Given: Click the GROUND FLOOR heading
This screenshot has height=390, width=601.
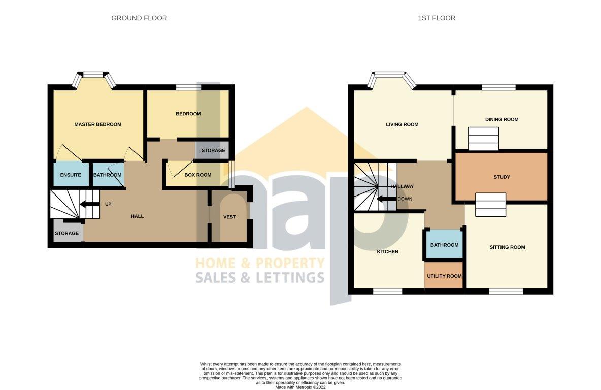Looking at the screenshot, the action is click(x=139, y=18).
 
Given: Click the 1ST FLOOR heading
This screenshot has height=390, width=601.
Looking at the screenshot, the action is click(x=437, y=18).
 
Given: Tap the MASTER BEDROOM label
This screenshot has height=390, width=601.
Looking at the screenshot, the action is click(x=98, y=124).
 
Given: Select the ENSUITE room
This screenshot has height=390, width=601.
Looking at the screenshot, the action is click(x=71, y=175).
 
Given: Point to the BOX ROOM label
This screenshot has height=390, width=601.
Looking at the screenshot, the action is click(x=198, y=175).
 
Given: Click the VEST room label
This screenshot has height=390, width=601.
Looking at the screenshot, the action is click(x=229, y=217).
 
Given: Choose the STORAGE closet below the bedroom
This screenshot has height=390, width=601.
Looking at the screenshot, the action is click(x=213, y=150).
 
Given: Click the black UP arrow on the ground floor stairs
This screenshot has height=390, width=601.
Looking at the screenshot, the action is click(x=90, y=204).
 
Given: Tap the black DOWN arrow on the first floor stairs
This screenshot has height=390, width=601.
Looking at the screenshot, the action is click(x=387, y=199).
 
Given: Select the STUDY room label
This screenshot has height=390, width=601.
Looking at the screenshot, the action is click(x=502, y=177).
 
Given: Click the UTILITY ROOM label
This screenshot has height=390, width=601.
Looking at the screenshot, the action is click(x=444, y=276).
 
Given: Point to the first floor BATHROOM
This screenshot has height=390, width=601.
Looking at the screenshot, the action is click(x=444, y=244).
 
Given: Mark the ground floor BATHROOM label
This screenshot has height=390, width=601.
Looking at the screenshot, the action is click(x=107, y=175).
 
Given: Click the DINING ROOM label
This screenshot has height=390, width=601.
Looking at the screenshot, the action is click(x=502, y=119).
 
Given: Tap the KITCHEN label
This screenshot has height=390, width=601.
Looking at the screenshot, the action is click(x=387, y=251).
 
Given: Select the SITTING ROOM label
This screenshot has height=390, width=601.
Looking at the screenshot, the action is click(x=507, y=247).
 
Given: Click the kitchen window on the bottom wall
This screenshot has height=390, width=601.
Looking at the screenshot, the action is click(x=387, y=291).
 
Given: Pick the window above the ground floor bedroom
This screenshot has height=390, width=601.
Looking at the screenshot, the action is click(x=189, y=87).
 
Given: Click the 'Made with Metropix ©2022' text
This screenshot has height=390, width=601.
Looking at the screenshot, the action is click(x=300, y=387).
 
